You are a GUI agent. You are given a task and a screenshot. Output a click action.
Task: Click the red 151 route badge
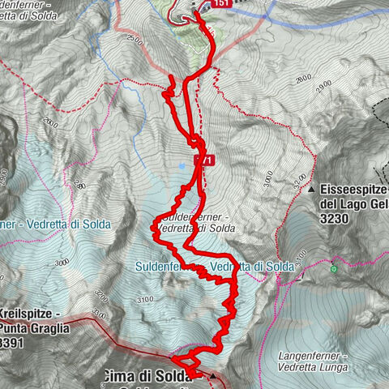click(x=223, y=4)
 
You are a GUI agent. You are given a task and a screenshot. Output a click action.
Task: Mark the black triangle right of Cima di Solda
click(x=212, y=376)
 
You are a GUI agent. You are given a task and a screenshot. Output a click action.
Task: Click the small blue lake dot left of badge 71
click(x=183, y=165)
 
